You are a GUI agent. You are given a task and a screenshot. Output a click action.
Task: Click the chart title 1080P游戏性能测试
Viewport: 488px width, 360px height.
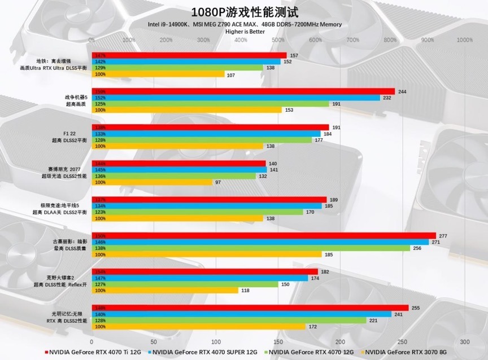coord(245,12)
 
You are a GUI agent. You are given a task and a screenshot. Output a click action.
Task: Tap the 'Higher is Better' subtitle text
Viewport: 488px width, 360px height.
coord(245,32)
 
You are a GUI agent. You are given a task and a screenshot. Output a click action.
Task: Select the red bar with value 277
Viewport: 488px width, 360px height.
coord(264,235)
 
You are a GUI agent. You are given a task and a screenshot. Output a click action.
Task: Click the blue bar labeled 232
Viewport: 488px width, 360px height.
coord(236,98)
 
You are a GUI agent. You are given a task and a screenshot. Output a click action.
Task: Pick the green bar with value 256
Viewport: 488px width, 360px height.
coord(251,248)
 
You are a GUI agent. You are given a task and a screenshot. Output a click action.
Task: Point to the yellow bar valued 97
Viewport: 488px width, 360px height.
coord(152,182)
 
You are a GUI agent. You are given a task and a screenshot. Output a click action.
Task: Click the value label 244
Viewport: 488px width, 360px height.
coord(403,91)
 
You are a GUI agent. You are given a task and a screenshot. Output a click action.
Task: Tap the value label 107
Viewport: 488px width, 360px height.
coord(230,74)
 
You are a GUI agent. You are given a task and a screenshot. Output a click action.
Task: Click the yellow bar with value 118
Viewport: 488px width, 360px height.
coord(165,291)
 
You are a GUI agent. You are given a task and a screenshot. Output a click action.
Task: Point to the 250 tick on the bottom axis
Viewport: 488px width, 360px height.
coord(403,342)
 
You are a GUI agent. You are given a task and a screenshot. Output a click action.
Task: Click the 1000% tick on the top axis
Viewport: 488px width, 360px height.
coord(464,40)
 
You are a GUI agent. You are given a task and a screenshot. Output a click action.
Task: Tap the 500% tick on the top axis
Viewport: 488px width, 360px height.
coord(278,40)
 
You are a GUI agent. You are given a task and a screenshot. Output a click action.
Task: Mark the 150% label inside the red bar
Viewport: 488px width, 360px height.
coord(101,236)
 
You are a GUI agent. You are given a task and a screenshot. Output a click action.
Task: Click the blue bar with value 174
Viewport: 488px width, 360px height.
coord(200,278)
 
